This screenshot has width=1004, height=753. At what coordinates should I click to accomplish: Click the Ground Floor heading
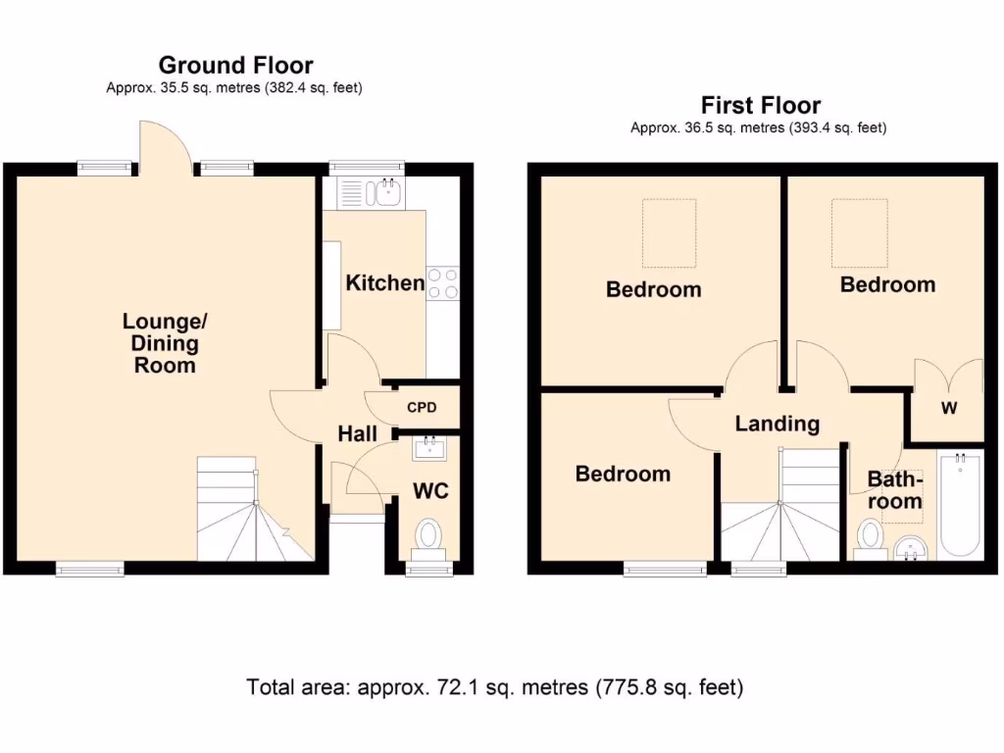(235, 66)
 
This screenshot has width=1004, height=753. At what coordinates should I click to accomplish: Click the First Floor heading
(761, 105)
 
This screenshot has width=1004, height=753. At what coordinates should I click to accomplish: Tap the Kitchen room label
(384, 282)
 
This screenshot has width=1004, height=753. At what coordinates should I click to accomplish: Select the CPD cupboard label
(422, 407)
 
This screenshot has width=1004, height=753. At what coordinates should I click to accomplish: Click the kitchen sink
(369, 193)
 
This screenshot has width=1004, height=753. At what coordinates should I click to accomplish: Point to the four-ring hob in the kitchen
(443, 283)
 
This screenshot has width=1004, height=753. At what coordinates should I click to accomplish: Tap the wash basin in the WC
(429, 448)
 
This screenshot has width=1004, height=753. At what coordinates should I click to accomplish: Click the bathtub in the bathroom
(959, 505)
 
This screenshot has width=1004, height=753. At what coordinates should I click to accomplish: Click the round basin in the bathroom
(911, 549)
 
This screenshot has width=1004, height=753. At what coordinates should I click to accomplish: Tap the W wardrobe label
(949, 408)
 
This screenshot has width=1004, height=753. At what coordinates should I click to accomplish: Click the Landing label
(778, 424)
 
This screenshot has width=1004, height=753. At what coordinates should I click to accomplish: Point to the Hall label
(357, 433)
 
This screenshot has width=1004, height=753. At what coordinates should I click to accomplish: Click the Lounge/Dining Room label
(165, 342)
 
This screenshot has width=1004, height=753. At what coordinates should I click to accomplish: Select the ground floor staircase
(255, 509)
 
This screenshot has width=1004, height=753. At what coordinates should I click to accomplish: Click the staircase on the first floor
(779, 505)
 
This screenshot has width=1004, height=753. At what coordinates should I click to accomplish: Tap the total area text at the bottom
(495, 687)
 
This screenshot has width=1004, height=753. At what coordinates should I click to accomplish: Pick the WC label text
(430, 491)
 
